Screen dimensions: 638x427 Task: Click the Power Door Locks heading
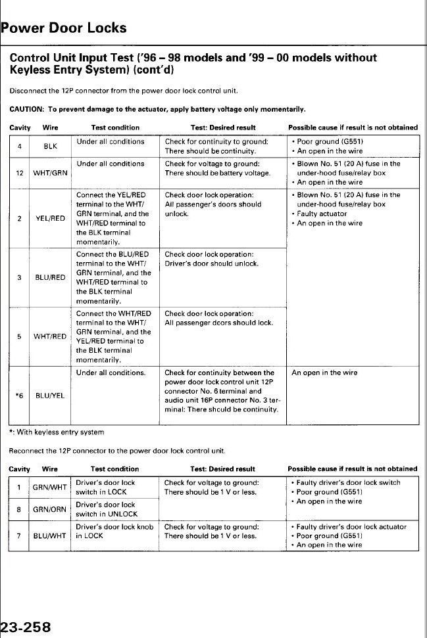[x=64, y=28]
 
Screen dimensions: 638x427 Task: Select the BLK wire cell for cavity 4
[x=50, y=147]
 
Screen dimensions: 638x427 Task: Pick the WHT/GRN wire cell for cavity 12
[x=50, y=173]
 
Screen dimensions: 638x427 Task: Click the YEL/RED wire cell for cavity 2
[x=50, y=218]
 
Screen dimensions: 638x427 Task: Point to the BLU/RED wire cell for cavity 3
[x=50, y=277]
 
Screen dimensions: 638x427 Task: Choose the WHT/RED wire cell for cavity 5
[x=50, y=336]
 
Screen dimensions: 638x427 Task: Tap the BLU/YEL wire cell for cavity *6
[x=50, y=396]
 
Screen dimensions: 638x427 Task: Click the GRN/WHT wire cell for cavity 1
[x=50, y=487]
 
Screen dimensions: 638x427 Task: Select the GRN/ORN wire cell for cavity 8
[x=50, y=509]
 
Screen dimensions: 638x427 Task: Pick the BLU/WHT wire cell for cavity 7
[x=50, y=535]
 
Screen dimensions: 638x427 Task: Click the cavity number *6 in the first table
[x=20, y=396]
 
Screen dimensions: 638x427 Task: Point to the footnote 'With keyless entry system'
[x=59, y=432]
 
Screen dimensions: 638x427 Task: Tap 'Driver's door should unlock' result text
[x=211, y=263]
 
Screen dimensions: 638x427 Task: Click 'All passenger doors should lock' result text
[x=218, y=323]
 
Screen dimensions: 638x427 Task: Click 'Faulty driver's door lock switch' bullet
[x=347, y=482]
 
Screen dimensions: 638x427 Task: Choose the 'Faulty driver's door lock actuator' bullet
[x=350, y=526]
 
